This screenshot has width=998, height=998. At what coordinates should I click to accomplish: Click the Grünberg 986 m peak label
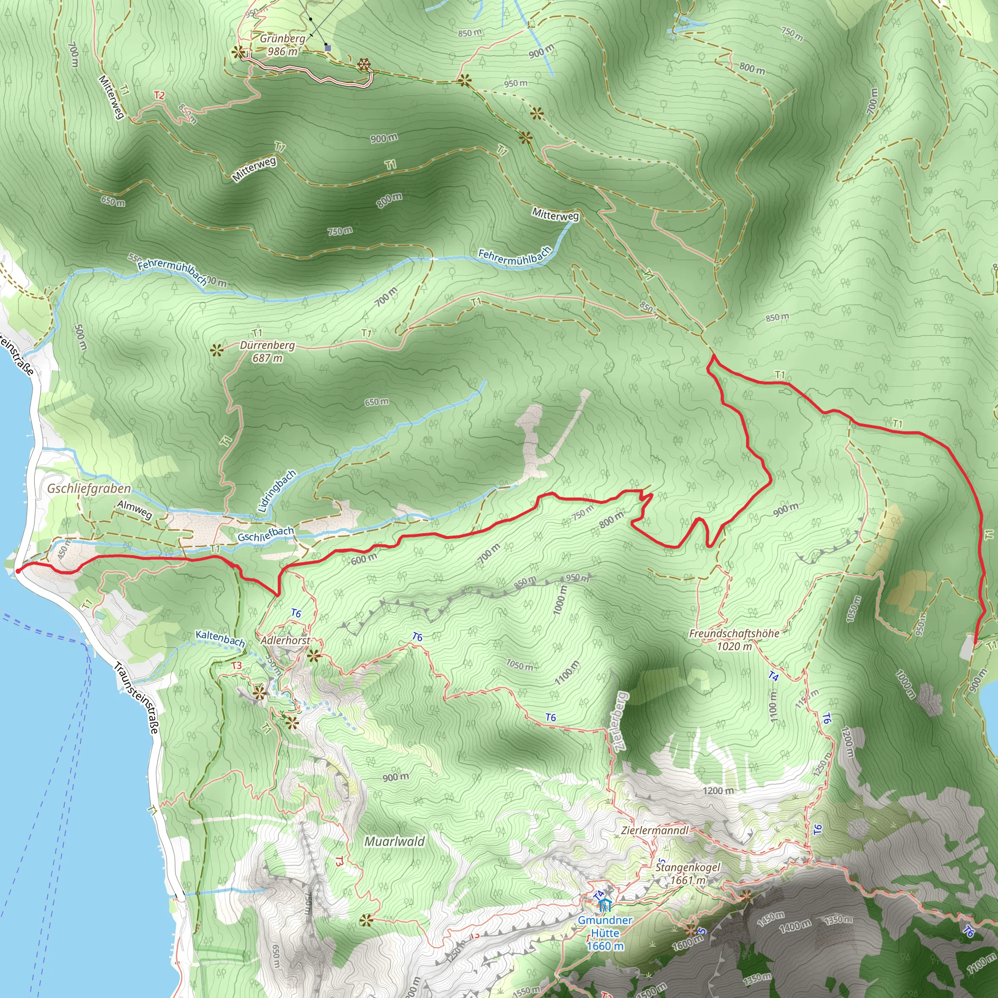(x=283, y=45)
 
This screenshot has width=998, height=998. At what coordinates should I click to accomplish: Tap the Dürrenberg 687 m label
(x=267, y=351)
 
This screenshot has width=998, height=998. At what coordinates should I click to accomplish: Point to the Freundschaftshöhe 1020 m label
(x=733, y=639)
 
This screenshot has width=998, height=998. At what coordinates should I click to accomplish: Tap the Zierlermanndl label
(x=655, y=830)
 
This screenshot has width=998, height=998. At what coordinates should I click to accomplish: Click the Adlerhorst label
(x=285, y=640)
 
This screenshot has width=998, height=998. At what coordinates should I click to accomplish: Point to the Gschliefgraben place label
(x=89, y=488)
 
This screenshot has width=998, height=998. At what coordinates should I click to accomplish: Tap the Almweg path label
(x=135, y=509)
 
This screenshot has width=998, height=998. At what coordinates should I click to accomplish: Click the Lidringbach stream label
(x=277, y=490)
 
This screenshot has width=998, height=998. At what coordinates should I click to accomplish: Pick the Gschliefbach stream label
(x=266, y=534)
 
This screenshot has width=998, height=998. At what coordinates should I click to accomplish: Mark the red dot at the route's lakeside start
(x=18, y=571)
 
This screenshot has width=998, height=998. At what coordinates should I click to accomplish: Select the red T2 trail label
(x=159, y=96)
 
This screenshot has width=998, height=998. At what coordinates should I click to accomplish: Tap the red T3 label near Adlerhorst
(x=236, y=665)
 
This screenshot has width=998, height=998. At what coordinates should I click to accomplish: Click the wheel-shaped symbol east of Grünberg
(x=364, y=65)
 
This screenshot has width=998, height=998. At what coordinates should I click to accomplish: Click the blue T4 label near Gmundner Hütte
(x=599, y=895)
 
